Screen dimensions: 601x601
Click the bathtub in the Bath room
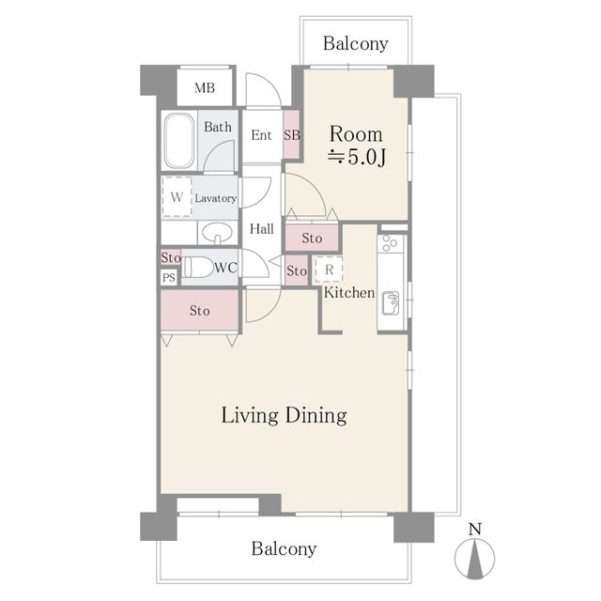(178, 141)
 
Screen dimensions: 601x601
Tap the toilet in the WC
(197, 267)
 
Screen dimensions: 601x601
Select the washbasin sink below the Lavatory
(217, 233)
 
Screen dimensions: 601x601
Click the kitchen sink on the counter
(391, 303)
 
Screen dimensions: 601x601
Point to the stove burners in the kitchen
(391, 243)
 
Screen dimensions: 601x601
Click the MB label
(205, 88)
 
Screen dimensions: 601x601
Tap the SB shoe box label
(292, 135)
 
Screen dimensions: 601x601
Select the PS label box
(169, 277)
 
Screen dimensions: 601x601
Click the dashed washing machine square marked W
(177, 196)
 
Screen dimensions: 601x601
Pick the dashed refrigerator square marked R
(329, 270)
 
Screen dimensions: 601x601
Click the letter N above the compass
(475, 530)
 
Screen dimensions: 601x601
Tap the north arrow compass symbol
(475, 559)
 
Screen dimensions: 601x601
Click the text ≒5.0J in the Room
(357, 157)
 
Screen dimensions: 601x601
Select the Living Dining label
(285, 416)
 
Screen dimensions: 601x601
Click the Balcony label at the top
(356, 43)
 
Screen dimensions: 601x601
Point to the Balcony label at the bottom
(284, 548)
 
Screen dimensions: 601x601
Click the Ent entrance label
(261, 135)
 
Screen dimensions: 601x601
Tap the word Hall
(262, 229)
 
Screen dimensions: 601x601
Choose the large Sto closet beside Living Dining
(200, 310)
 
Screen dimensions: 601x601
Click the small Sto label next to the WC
(171, 257)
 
